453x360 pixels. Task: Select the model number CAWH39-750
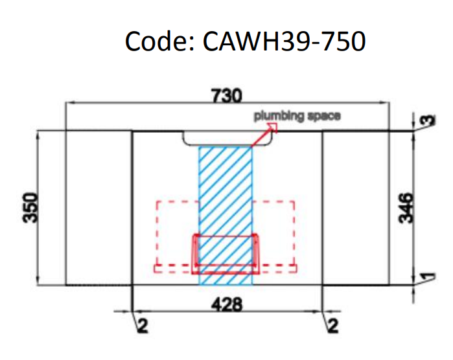(284, 42)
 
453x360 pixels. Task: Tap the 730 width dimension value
(226, 96)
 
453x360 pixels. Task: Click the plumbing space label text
(296, 116)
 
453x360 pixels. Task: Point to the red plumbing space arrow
(264, 136)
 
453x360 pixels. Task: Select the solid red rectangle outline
(226, 254)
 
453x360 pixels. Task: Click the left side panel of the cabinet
(99, 207)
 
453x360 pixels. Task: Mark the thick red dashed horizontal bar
(226, 266)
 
